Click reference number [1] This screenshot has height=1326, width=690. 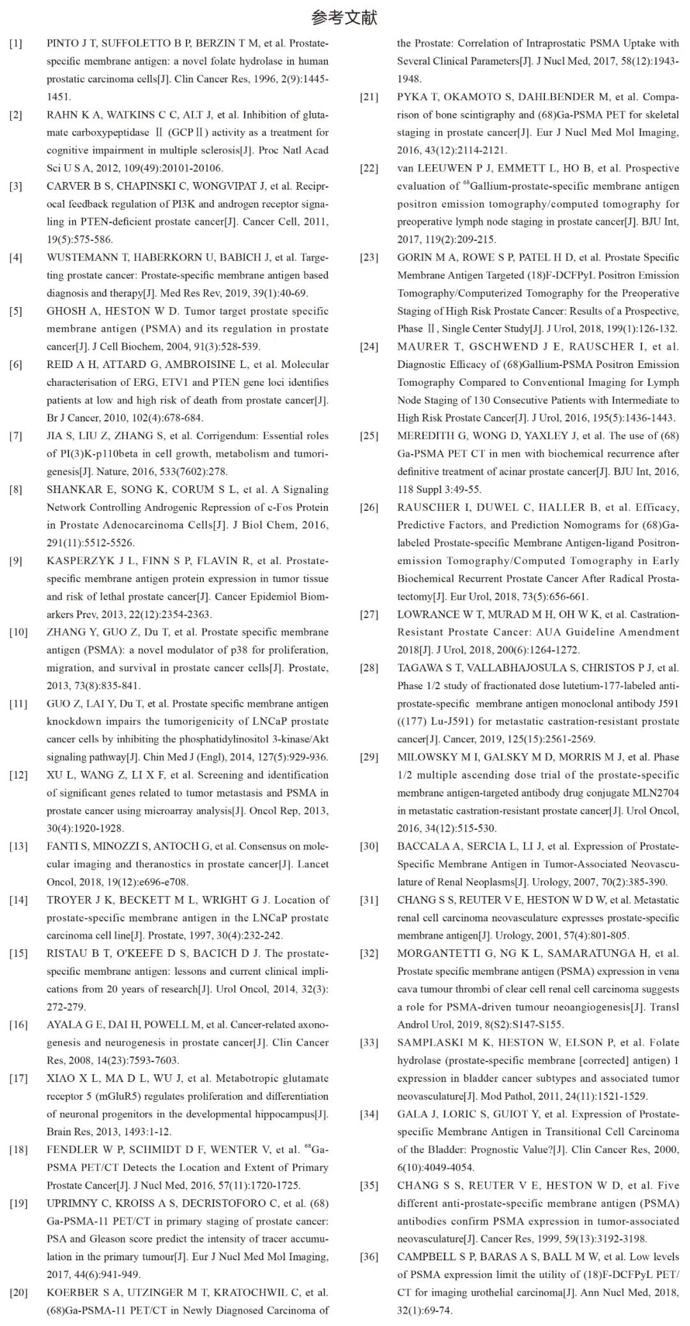point(15,43)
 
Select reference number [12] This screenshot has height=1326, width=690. point(18,775)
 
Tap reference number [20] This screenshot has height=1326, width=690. point(18,1293)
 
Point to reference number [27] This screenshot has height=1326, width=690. point(369,614)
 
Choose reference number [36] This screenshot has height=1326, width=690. point(369,1257)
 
